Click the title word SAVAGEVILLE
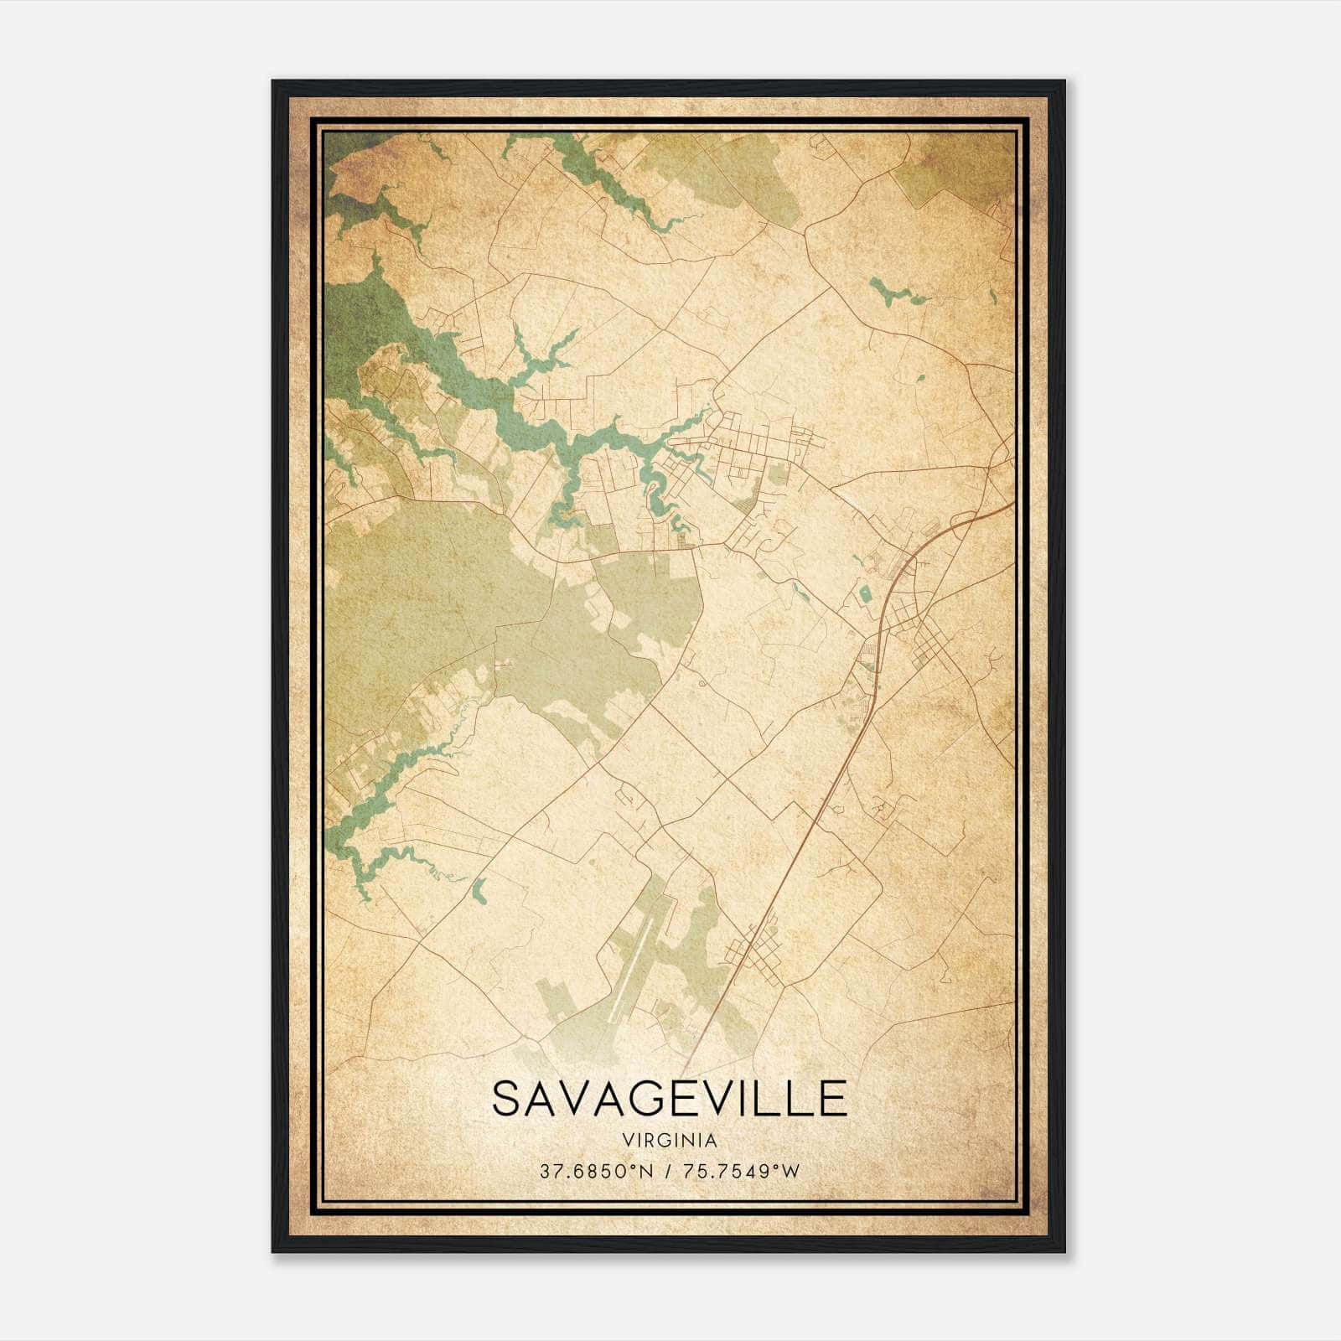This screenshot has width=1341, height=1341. tap(669, 1099)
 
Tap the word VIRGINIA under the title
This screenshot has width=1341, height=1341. tap(669, 1141)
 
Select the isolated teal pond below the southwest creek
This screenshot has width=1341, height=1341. tap(479, 890)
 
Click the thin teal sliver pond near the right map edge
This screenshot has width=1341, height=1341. tap(993, 295)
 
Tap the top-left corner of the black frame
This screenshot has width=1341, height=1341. tap(273, 81)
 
